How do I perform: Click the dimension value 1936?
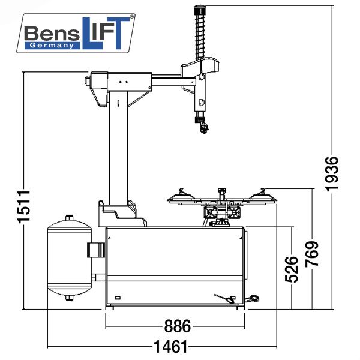pos(333,173)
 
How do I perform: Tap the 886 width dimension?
pos(177,326)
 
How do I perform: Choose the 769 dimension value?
pos(312,256)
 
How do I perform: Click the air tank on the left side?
pos(68,259)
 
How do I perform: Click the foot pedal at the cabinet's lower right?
pos(227,298)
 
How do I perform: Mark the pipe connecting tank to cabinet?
pos(95,248)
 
